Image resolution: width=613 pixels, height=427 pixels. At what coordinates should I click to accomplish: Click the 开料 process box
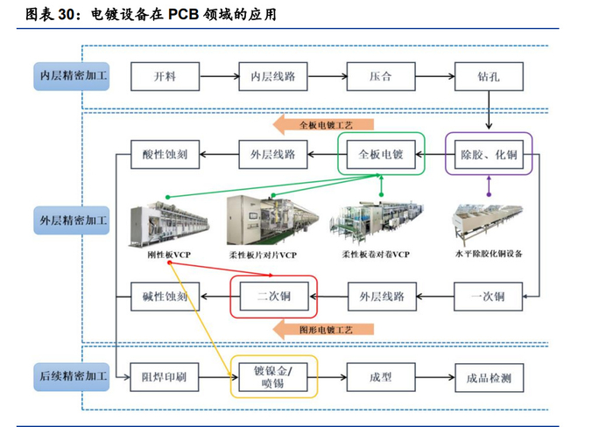165,77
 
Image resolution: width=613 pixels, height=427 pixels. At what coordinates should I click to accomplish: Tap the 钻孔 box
489,77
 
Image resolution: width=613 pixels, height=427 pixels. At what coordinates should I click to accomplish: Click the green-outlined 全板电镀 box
381,154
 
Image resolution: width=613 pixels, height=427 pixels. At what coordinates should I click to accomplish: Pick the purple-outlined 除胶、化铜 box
489,154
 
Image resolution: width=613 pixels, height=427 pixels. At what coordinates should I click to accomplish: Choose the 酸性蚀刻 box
165,154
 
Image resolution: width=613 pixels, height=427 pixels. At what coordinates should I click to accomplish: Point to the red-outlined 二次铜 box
273,296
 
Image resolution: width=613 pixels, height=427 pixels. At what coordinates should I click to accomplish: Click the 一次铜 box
489,296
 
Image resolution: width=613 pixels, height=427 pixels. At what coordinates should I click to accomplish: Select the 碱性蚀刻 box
165,296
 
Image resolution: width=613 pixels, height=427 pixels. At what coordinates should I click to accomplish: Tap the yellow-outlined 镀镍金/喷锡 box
273,375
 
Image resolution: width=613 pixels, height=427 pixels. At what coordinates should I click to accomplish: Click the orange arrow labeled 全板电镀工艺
324,125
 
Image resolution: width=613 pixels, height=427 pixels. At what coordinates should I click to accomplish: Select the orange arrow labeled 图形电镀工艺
324,329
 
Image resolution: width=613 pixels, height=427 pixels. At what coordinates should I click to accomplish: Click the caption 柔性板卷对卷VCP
376,254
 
